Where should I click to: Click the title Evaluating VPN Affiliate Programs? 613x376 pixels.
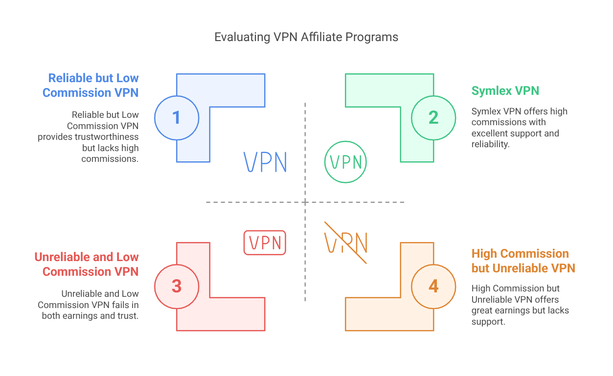coord(306,37)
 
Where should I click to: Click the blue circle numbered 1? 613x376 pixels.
coord(177,118)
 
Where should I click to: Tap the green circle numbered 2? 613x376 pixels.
coord(433,118)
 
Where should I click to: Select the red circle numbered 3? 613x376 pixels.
coord(177,287)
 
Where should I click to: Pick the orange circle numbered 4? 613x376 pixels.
coord(433,287)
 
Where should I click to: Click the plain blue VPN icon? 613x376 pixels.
coord(265,162)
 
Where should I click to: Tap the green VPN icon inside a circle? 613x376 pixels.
coord(345,162)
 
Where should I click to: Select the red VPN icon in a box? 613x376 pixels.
coord(265,243)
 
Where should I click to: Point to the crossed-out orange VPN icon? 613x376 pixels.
coord(346,243)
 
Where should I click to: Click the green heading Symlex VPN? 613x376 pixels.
coord(505,91)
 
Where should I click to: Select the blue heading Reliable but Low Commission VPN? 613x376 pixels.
coord(91,86)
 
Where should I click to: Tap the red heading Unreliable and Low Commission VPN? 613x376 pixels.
coord(87,265)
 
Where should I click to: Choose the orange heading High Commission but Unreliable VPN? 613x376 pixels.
coord(523,261)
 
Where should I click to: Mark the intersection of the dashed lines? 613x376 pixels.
coord(305,202)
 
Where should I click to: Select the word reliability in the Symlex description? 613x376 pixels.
coord(490,144)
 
